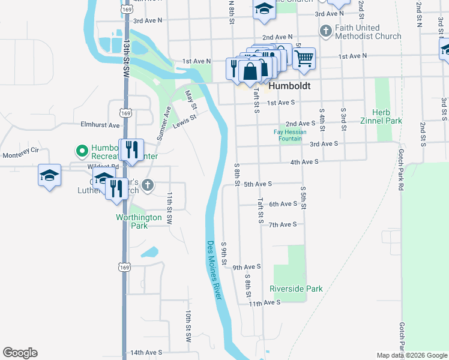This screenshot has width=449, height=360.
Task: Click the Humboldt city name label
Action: click(289, 86)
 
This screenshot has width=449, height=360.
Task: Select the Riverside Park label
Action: click(296, 289)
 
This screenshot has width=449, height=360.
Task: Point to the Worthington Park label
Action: click(139, 221)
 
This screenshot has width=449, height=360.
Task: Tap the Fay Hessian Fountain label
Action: click(290, 136)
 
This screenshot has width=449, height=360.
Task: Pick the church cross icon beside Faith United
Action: click(326, 30)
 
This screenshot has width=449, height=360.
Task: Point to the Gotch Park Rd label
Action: click(400, 167)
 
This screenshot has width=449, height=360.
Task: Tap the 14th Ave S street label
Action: click(146, 353)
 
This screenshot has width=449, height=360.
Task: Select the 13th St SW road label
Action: click(126, 58)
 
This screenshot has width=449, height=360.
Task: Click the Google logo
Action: click(20, 353)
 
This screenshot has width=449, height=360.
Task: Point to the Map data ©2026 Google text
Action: click(411, 355)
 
